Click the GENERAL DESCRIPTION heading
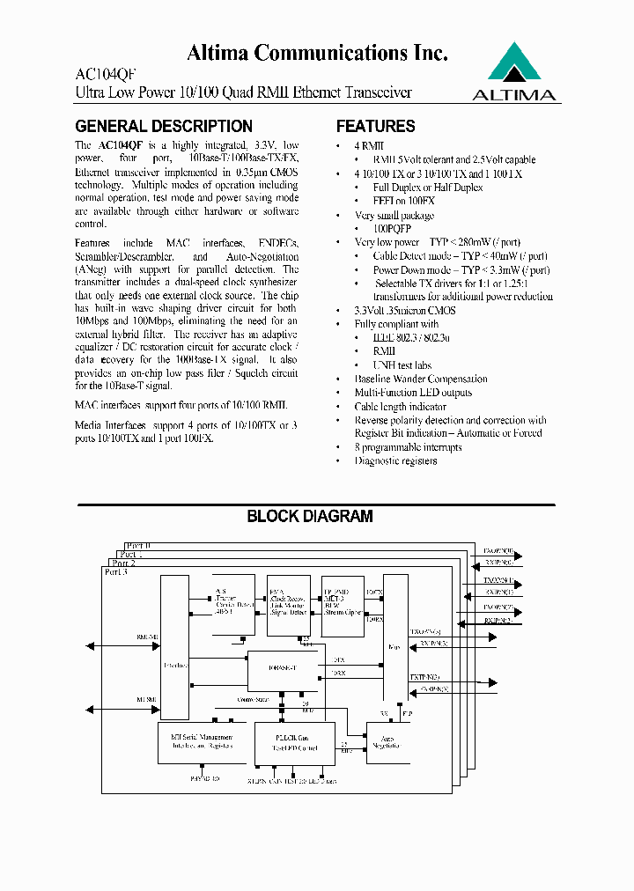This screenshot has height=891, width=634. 164,126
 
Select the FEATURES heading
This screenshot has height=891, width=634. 375,126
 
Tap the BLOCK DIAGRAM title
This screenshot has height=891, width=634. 309,517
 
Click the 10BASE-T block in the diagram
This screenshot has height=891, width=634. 281,667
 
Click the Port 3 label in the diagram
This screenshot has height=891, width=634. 115,572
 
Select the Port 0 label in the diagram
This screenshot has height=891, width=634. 137,546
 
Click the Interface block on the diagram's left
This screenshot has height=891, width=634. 174,647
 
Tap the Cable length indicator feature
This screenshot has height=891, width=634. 400,406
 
